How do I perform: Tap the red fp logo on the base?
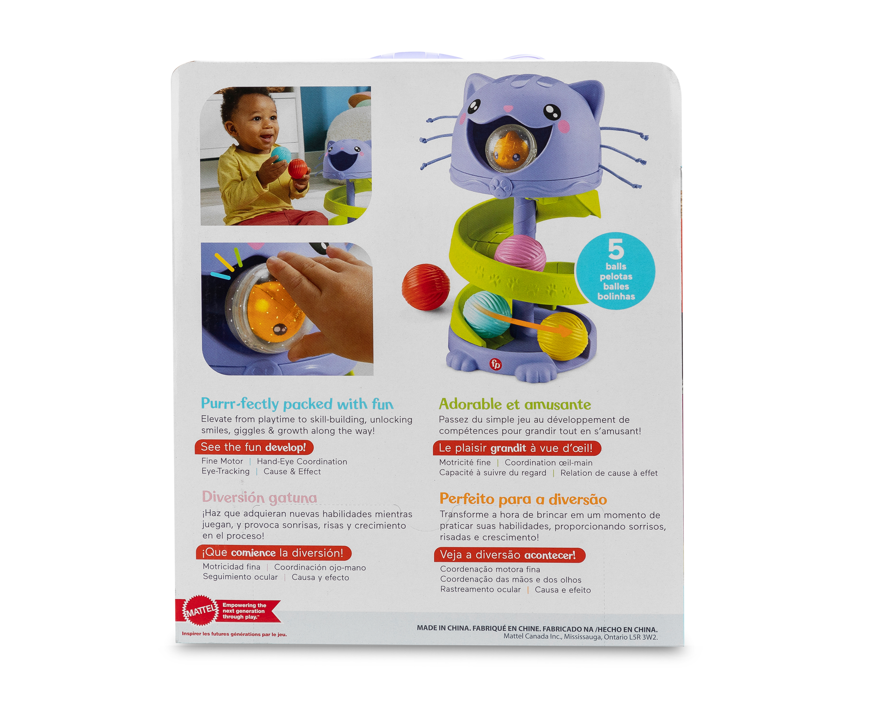(496, 364)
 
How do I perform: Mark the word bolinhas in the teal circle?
(616, 296)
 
